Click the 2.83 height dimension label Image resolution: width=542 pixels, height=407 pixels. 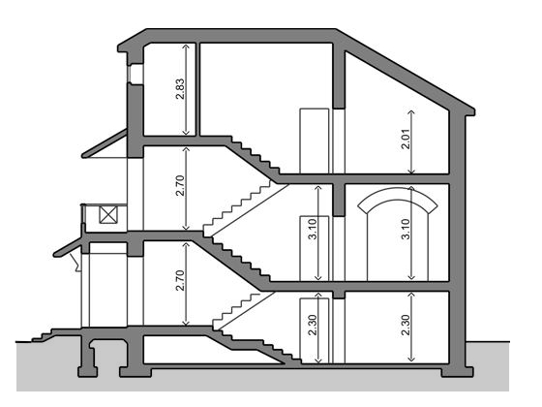click(180, 89)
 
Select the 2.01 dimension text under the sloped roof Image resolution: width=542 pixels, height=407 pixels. click(406, 139)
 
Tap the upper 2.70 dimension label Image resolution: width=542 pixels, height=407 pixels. click(180, 186)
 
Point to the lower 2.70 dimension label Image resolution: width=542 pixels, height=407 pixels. click(180, 280)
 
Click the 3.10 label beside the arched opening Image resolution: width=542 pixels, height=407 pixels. click(406, 229)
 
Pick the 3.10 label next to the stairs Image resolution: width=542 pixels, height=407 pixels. click(313, 229)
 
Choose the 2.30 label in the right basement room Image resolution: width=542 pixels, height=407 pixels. click(406, 325)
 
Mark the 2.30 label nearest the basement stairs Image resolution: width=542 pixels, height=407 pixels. click(313, 325)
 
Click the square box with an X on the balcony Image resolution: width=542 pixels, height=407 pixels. click(107, 214)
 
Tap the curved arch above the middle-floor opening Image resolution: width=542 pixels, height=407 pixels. click(398, 194)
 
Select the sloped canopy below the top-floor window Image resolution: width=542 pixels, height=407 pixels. click(104, 143)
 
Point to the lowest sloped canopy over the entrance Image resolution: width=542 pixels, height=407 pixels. click(68, 247)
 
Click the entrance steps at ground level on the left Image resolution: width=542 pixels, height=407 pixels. click(43, 335)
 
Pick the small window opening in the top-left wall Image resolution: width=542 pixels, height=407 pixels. click(135, 73)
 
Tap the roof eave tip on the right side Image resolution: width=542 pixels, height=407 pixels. click(473, 111)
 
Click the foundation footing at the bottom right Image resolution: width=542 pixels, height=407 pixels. click(457, 372)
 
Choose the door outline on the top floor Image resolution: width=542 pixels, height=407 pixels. click(315, 141)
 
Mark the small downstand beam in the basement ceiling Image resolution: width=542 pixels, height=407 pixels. click(339, 295)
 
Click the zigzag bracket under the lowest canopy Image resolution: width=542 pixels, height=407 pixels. click(75, 262)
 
